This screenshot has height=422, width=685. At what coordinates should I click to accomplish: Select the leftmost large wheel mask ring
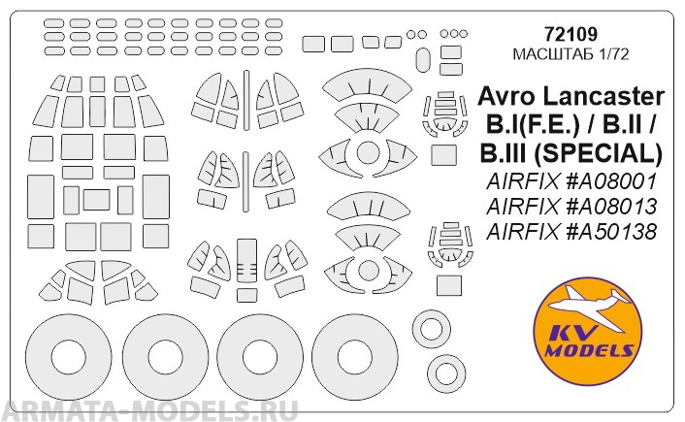[63, 353]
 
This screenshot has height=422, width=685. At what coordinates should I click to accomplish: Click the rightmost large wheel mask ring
[354, 353]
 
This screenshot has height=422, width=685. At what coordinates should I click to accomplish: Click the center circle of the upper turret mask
[366, 152]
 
